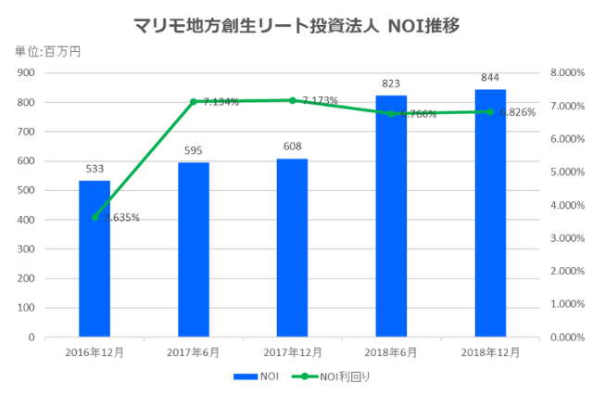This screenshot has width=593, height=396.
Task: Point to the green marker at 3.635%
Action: (95, 217)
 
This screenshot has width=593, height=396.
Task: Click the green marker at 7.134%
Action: (194, 101)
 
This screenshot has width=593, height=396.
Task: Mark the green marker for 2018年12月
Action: (490, 111)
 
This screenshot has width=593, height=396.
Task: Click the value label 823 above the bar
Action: (391, 84)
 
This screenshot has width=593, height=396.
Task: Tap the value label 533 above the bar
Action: (95, 170)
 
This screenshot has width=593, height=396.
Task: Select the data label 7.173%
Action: (320, 100)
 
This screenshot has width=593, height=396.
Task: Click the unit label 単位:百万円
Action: (47, 52)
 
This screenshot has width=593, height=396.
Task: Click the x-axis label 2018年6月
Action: (391, 352)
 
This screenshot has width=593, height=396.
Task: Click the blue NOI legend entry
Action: (259, 377)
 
